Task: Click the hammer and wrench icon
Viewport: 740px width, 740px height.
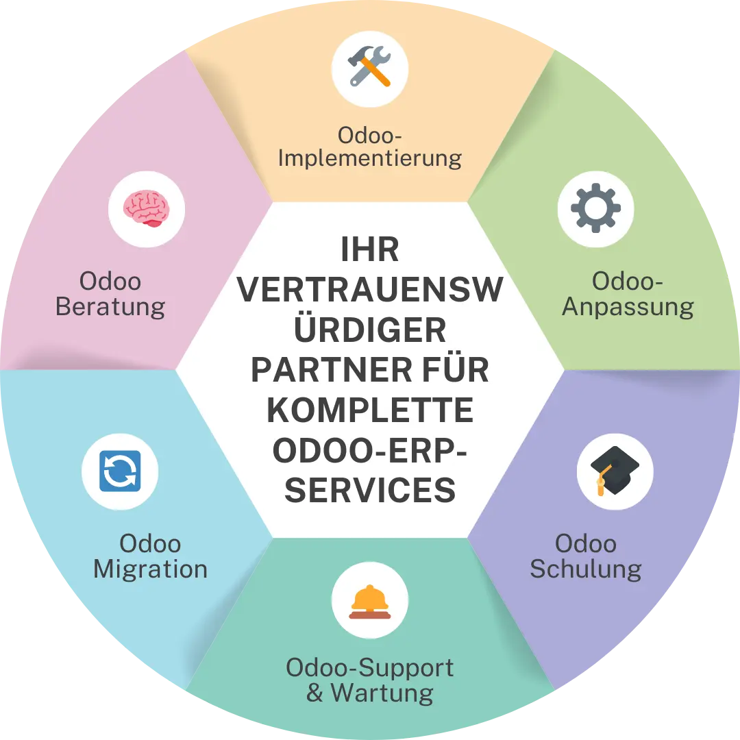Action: (x=369, y=66)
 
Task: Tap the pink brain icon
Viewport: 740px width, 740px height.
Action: (x=147, y=208)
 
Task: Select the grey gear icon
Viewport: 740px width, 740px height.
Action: (x=595, y=208)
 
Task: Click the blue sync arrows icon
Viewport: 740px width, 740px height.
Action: (x=120, y=471)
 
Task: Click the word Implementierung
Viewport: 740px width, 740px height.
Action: (x=369, y=159)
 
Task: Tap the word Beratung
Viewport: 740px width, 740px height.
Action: (x=110, y=307)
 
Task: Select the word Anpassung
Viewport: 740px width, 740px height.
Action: (x=628, y=308)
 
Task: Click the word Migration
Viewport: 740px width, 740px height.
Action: (x=150, y=569)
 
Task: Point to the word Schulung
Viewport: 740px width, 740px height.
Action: (x=586, y=569)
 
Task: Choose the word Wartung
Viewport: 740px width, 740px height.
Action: (x=382, y=693)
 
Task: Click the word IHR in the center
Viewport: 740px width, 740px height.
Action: (x=369, y=249)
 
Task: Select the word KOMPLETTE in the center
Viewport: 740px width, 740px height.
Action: (x=370, y=410)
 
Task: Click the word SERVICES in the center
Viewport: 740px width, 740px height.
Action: (x=370, y=491)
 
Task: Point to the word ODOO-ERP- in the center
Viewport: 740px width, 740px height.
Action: (x=369, y=450)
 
